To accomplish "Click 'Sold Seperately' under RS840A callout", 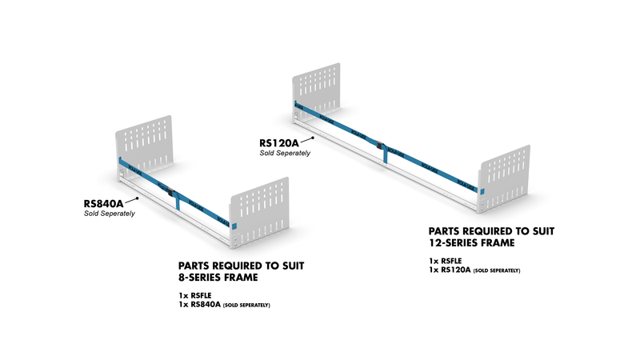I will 110,214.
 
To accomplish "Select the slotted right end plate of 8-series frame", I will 256,216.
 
